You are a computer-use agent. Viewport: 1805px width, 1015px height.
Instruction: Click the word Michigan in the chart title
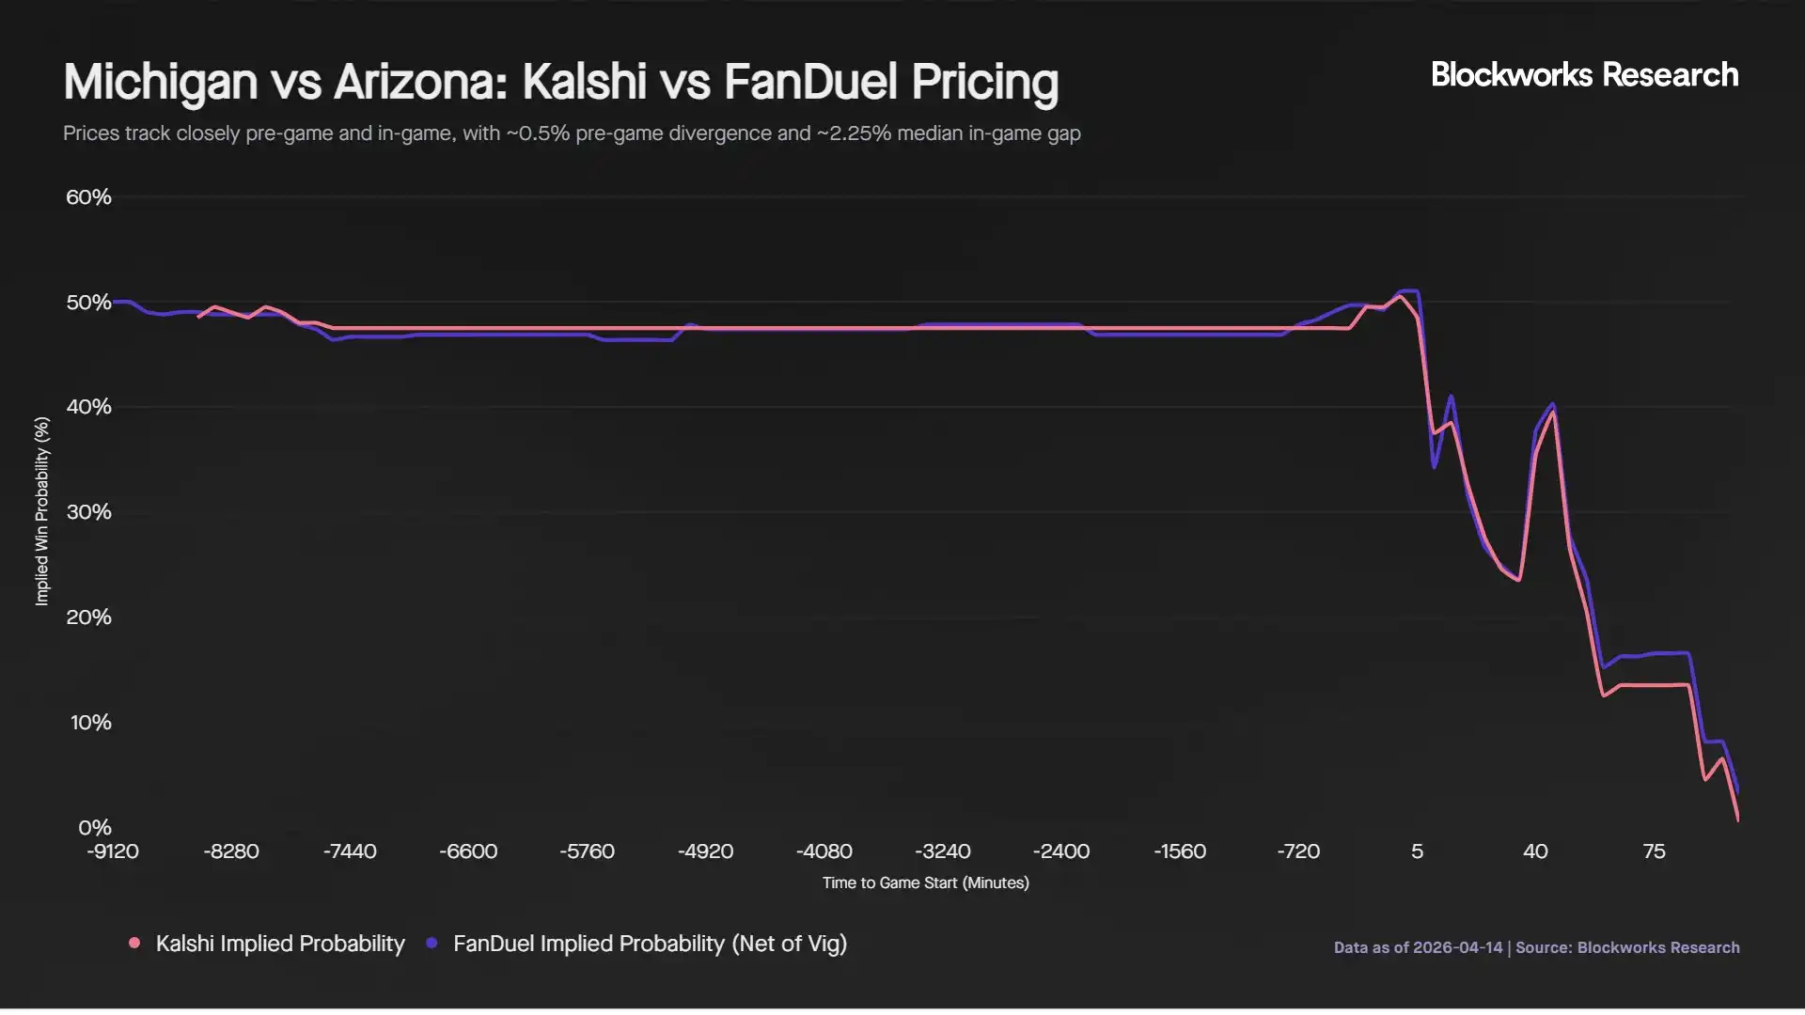(160, 82)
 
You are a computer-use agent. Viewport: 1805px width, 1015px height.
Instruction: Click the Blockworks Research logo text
(1584, 75)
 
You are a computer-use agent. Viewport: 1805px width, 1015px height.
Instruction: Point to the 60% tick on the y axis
(88, 197)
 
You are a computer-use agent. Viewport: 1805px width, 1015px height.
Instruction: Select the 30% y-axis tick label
(88, 512)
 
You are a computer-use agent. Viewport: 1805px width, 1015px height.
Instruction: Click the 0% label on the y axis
(94, 828)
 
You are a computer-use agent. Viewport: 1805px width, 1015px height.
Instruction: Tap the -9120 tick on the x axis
(113, 851)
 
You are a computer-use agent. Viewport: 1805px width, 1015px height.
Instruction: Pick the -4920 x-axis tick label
(705, 851)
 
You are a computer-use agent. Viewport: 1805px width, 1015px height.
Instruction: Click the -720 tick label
(1298, 851)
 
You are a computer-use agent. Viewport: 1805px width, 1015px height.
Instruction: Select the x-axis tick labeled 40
(1535, 851)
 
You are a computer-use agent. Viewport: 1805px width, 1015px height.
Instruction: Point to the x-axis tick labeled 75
(1654, 851)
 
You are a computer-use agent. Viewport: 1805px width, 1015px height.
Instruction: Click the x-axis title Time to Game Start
(925, 883)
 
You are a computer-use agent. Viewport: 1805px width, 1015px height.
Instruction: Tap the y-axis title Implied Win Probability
(41, 512)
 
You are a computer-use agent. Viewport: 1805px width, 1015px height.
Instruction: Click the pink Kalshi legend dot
(134, 943)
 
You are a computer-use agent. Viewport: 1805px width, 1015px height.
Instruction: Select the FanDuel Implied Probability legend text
(650, 944)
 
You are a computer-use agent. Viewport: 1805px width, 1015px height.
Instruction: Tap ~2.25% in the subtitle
(854, 133)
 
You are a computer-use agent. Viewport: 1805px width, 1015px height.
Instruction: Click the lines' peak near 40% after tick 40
(1552, 407)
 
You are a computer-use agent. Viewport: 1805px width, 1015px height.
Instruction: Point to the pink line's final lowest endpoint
(1738, 820)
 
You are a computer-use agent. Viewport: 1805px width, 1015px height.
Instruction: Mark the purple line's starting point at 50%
(115, 302)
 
